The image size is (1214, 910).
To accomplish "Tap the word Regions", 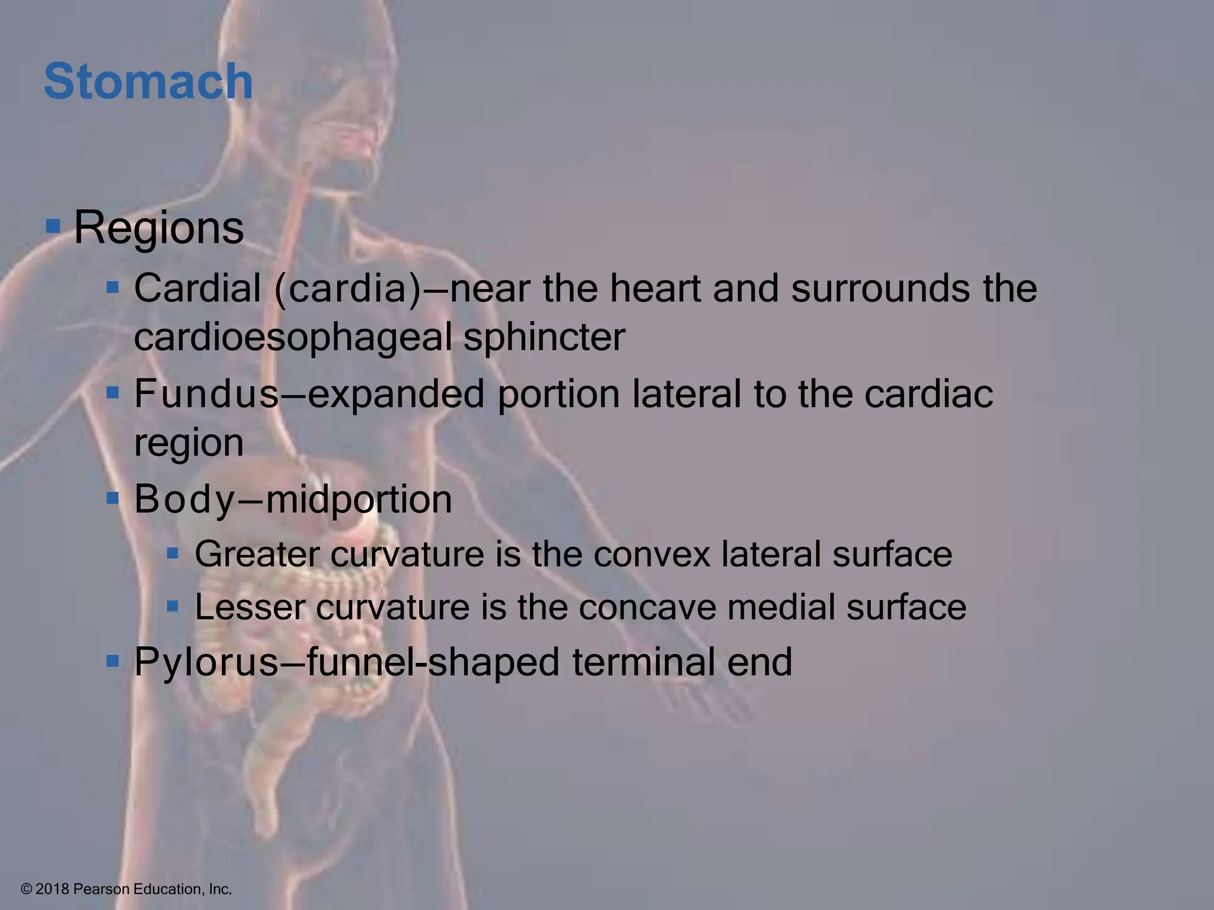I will coord(158,228).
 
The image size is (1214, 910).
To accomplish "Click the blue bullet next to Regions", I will coord(53,226).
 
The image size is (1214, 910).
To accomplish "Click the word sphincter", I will coord(544,338).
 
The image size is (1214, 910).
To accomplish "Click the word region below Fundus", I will coord(189,443).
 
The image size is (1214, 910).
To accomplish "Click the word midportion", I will coord(359,499).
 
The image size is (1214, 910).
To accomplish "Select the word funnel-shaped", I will coord(433,662).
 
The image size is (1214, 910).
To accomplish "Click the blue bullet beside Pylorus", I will coord(113,660).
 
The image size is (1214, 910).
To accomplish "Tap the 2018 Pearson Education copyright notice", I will coord(126,889).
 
